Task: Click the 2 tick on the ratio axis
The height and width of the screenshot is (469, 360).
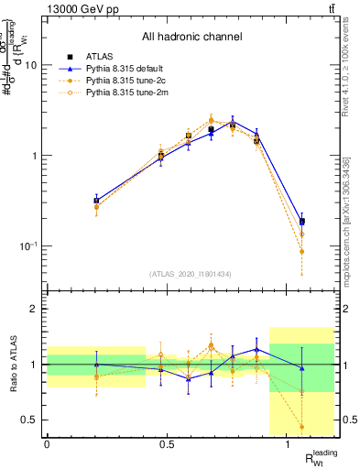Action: [37, 309]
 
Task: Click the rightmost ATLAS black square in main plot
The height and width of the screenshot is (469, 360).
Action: [301, 222]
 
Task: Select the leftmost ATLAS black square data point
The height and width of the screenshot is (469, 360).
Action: [96, 200]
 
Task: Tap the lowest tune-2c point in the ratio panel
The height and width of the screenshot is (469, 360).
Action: [301, 426]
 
